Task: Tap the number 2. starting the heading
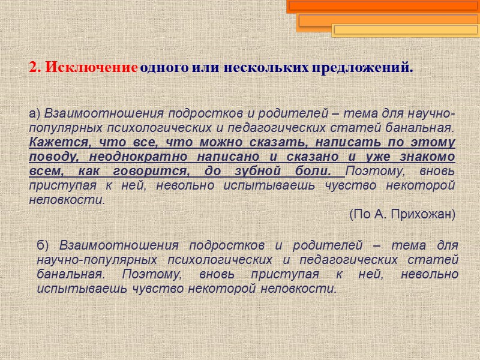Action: [x=35, y=67]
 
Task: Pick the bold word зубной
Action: [x=265, y=171]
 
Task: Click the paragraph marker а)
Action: [x=34, y=113]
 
